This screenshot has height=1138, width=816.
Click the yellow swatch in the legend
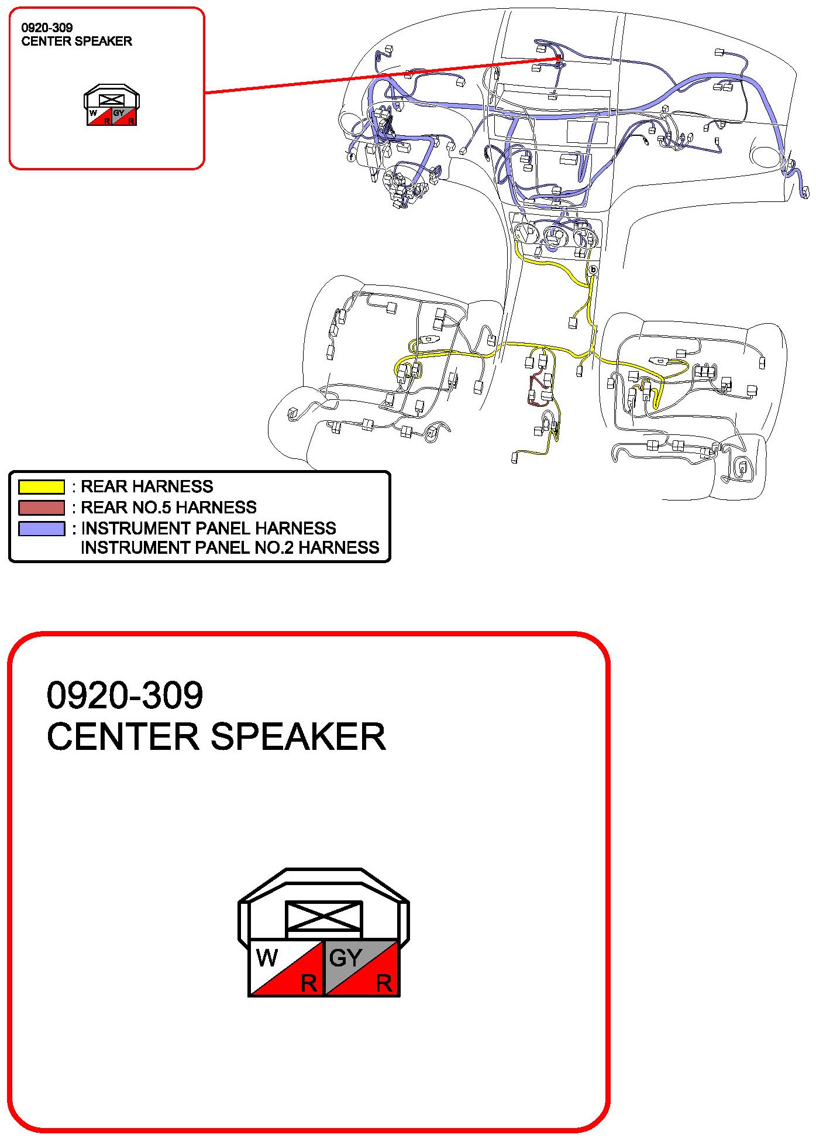tap(41, 486)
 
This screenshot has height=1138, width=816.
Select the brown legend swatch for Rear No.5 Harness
tap(41, 508)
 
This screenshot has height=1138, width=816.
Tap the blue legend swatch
tap(41, 529)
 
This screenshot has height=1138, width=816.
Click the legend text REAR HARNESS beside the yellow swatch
tap(146, 486)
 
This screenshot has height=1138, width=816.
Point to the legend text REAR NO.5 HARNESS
tap(168, 508)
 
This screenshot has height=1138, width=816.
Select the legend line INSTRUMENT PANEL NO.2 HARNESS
tap(230, 548)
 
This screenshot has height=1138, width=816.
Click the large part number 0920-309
tap(125, 695)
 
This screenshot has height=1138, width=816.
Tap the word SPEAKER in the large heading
tap(298, 736)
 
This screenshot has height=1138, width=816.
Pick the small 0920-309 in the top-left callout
tap(47, 28)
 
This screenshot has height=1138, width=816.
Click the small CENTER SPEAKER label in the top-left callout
tap(77, 42)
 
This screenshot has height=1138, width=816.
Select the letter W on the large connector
tap(267, 958)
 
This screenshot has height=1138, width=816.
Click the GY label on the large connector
tap(345, 958)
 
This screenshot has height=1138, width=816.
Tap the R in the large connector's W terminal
tap(308, 983)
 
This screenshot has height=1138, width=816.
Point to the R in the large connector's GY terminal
tap(384, 983)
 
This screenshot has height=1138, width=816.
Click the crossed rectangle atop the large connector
tap(323, 917)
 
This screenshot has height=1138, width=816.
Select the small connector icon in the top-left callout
tap(111, 105)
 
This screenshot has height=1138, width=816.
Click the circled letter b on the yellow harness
tap(593, 270)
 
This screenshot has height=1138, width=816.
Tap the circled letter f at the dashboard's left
tap(351, 157)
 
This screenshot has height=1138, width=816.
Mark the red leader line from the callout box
tap(380, 76)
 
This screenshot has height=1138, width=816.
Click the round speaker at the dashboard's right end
tap(763, 156)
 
